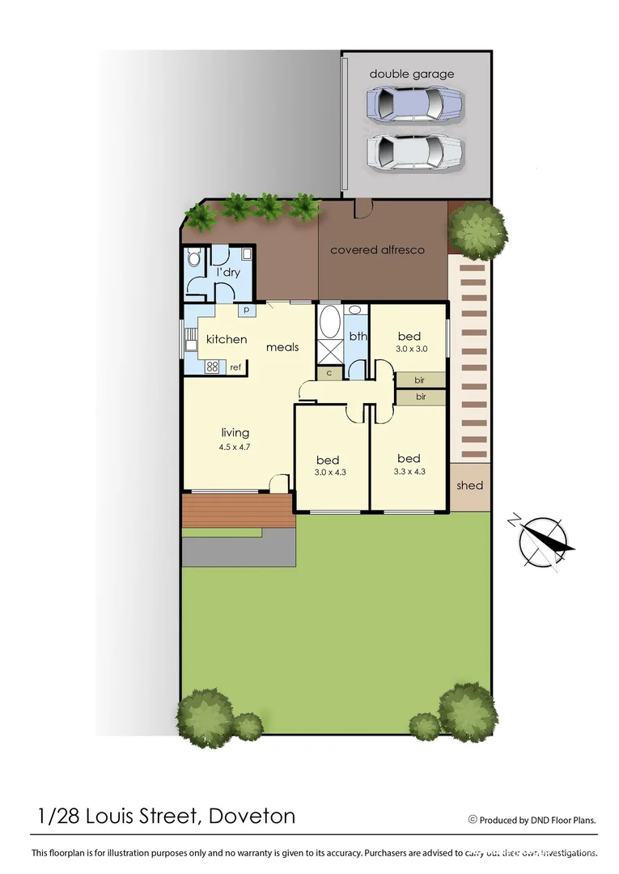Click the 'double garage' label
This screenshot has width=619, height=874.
point(412,74)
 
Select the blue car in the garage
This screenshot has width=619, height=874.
point(414,104)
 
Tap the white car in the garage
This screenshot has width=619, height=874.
point(414,151)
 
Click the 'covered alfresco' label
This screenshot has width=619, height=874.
point(377,250)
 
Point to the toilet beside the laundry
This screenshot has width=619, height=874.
point(194,259)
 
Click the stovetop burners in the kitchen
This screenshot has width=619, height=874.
point(214,367)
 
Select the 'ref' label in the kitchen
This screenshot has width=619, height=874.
point(235,367)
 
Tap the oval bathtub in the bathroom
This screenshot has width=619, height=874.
point(329,322)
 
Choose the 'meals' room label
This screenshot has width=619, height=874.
point(282,347)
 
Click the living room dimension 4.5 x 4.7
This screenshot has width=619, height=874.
point(235,447)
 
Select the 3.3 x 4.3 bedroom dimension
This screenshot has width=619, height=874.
point(409,471)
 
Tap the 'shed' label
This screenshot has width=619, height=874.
point(469,486)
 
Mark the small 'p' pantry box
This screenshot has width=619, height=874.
point(244,310)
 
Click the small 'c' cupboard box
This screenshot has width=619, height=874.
point(329,373)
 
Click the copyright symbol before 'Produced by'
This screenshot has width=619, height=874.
point(473,820)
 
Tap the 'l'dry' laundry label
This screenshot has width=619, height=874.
point(228,273)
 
